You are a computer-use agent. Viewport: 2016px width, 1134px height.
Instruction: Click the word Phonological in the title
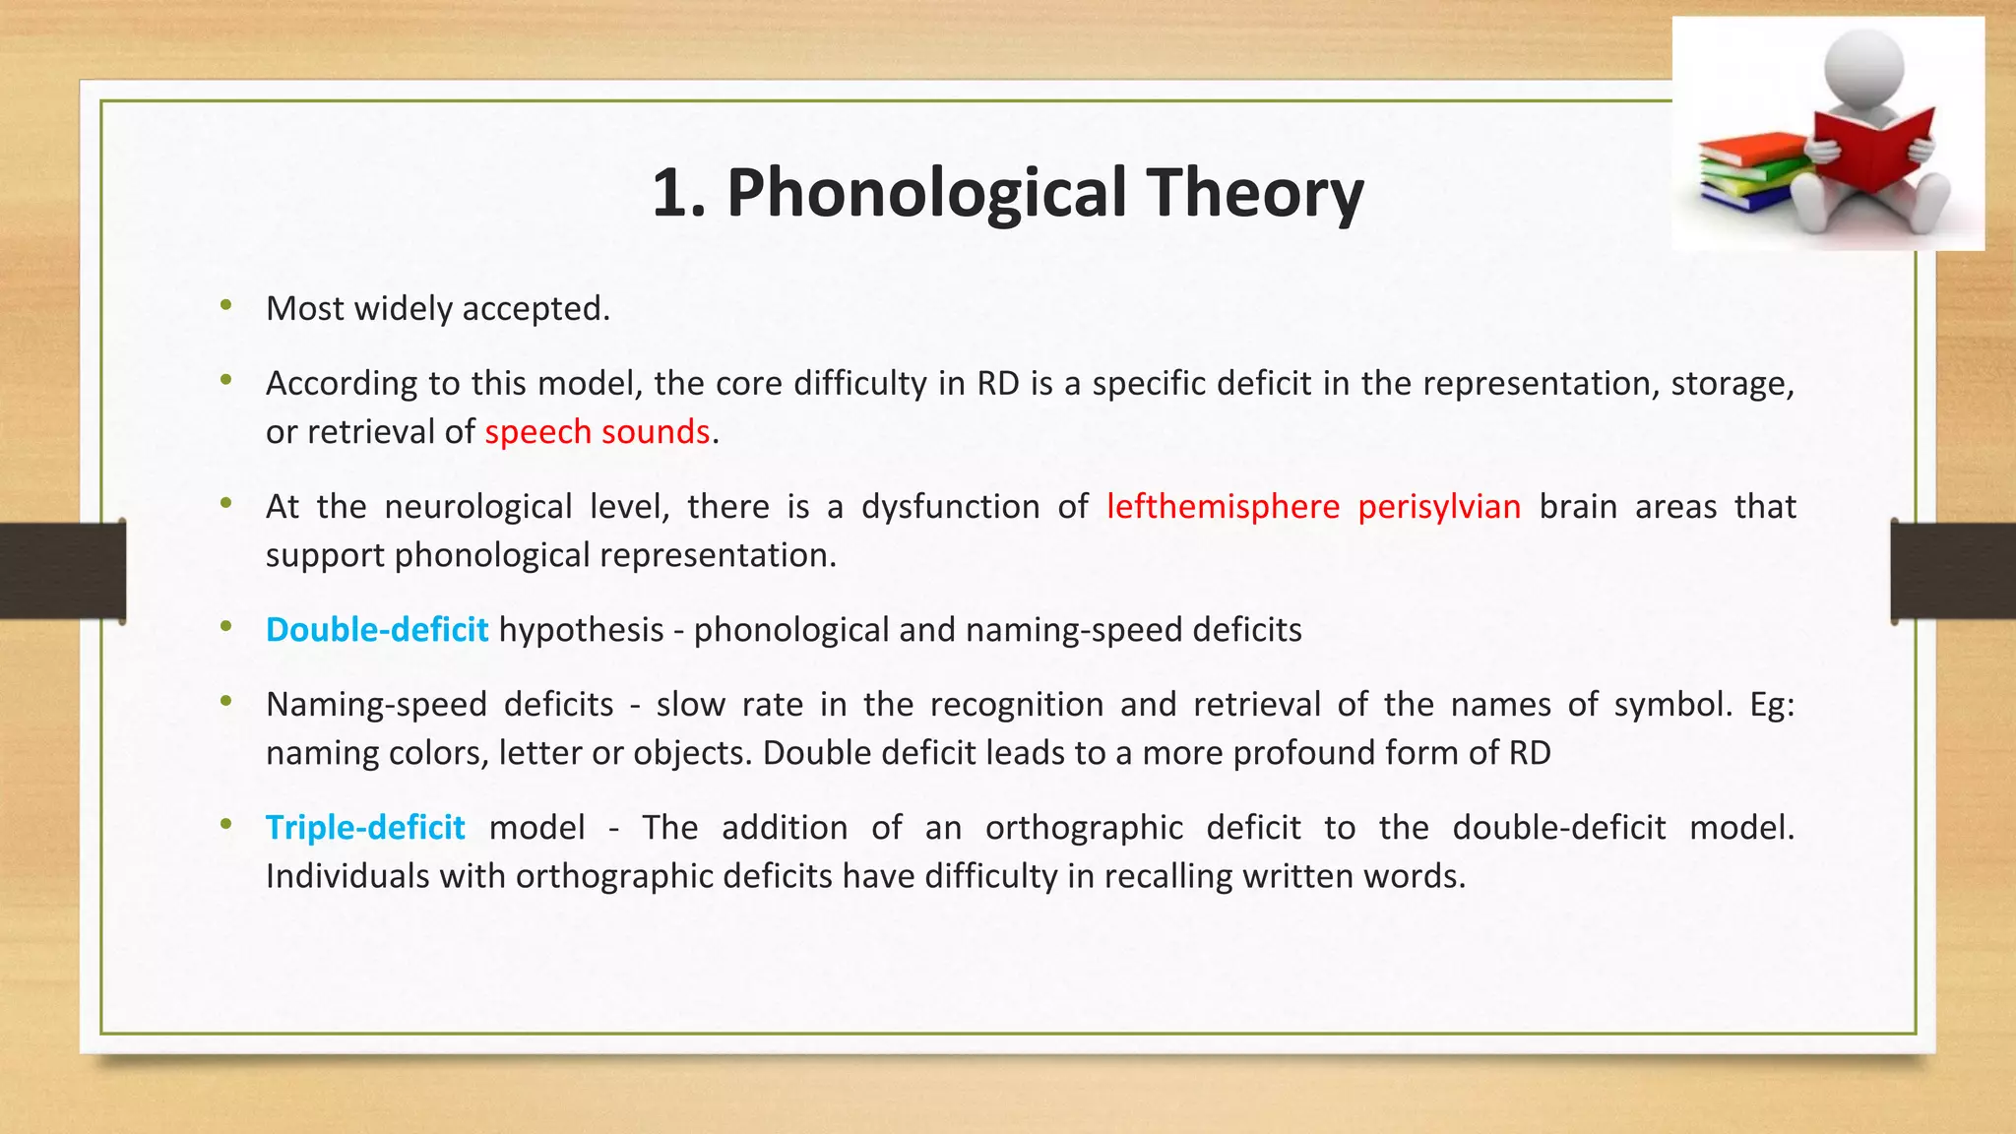coord(925,193)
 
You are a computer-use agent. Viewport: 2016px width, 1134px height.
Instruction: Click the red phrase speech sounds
coord(597,432)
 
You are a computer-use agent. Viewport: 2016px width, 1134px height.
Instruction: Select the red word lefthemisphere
coord(1223,506)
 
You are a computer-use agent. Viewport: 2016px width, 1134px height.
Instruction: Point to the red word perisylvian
coord(1439,506)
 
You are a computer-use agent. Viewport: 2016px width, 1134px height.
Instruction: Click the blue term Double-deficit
coord(376,630)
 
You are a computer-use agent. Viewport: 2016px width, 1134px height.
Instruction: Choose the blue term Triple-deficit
coord(365,828)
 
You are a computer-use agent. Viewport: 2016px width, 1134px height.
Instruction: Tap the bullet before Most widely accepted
coord(226,305)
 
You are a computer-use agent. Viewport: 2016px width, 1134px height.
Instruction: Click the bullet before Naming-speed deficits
coord(226,701)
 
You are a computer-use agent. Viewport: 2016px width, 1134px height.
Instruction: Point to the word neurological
coord(477,506)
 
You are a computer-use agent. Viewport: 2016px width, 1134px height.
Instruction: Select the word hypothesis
coord(581,630)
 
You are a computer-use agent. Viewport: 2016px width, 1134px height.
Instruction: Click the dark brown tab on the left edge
coord(62,571)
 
